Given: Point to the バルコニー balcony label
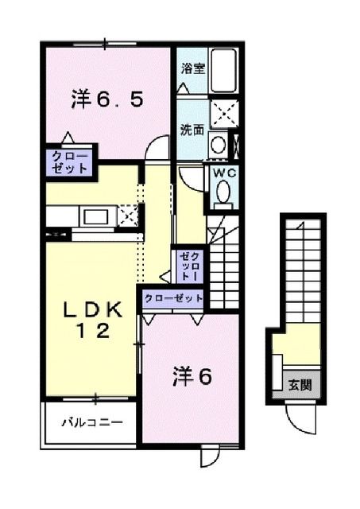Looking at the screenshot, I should coord(92,422).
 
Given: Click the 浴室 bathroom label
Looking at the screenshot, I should coord(193,68).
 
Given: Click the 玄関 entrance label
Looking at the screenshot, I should coord(299,385).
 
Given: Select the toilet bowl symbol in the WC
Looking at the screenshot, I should coord(223,192).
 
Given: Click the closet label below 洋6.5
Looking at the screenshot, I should coord(71,161).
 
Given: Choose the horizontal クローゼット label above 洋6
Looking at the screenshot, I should coord(173,299).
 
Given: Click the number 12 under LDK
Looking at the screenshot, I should coord(93,332).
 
